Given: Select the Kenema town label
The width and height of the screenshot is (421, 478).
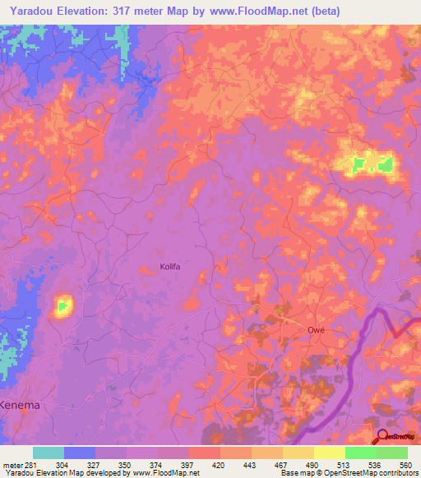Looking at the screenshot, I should (x=20, y=406).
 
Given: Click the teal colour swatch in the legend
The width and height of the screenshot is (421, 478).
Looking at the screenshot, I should (x=49, y=453).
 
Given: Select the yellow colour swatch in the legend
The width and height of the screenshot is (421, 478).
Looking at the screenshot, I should (x=329, y=453).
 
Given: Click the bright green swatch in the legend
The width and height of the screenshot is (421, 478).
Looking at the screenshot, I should (x=360, y=453).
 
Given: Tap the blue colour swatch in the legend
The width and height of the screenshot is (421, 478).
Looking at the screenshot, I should (x=80, y=453).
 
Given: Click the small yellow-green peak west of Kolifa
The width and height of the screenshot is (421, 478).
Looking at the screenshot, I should (x=62, y=306).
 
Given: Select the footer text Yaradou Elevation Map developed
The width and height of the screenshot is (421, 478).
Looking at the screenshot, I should (x=58, y=473).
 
